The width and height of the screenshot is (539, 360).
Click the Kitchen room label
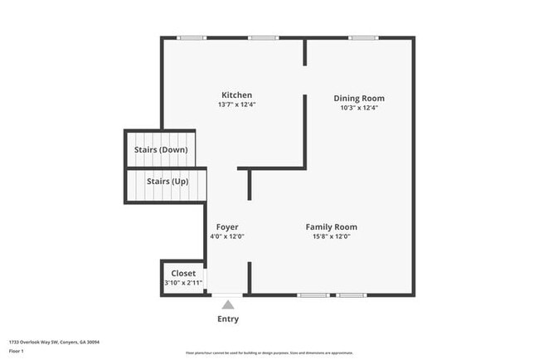(x=236, y=95)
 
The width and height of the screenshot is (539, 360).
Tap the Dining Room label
(x=359, y=98)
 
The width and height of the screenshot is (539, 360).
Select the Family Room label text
(x=331, y=226)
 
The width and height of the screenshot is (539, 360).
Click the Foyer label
(x=227, y=226)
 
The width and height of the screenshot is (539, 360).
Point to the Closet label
(x=183, y=273)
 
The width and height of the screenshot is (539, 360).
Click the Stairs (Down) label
(x=161, y=150)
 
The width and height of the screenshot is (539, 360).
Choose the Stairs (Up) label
(x=167, y=181)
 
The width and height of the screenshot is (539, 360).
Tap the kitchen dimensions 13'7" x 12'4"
(x=236, y=105)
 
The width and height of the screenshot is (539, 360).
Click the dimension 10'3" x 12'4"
(x=359, y=108)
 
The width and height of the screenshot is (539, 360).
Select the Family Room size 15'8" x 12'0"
(x=331, y=236)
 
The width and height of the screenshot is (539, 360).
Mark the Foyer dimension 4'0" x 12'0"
(x=227, y=236)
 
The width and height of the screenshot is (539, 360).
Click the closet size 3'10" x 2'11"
(x=183, y=283)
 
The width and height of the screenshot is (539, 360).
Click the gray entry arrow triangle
(x=227, y=304)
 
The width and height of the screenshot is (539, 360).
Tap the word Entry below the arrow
(x=228, y=319)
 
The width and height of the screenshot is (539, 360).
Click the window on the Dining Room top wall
(x=362, y=37)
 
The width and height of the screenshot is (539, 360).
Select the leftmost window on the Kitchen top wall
(x=192, y=37)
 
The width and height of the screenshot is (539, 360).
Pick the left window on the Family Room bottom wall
(x=313, y=295)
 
